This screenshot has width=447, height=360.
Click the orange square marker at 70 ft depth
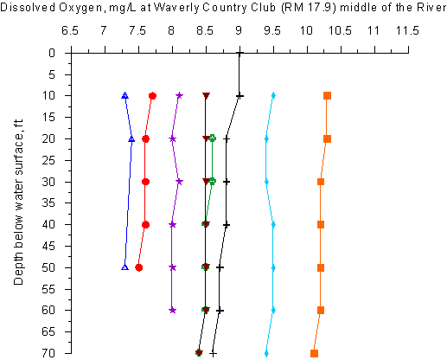[x=314, y=353]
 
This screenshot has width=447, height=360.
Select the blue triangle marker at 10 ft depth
[x=125, y=95]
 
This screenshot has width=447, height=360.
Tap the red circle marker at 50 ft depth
[x=139, y=267]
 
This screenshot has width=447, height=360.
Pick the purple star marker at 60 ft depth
[x=172, y=311]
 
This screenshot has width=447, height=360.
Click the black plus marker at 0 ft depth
[x=239, y=53]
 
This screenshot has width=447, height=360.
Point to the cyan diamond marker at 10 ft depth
[x=273, y=95]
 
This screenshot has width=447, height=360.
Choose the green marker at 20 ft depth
[x=213, y=138]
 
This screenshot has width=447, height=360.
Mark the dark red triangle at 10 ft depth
[x=206, y=95]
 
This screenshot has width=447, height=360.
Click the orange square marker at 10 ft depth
[x=327, y=95]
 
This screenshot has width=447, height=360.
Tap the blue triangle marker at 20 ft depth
[x=131, y=139]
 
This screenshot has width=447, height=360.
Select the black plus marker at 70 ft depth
[x=213, y=353]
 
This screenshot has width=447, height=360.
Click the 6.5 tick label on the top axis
[x=70, y=30]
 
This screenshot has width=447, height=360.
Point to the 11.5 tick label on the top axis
[x=407, y=30]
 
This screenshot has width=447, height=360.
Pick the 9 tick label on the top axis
[x=239, y=30]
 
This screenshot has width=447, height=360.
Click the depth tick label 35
[x=48, y=203]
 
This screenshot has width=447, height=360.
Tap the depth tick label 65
[x=48, y=331]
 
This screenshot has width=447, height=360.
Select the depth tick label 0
[x=52, y=53]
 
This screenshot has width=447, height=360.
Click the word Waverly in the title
[x=176, y=8]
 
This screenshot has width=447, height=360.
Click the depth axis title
[x=18, y=202]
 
